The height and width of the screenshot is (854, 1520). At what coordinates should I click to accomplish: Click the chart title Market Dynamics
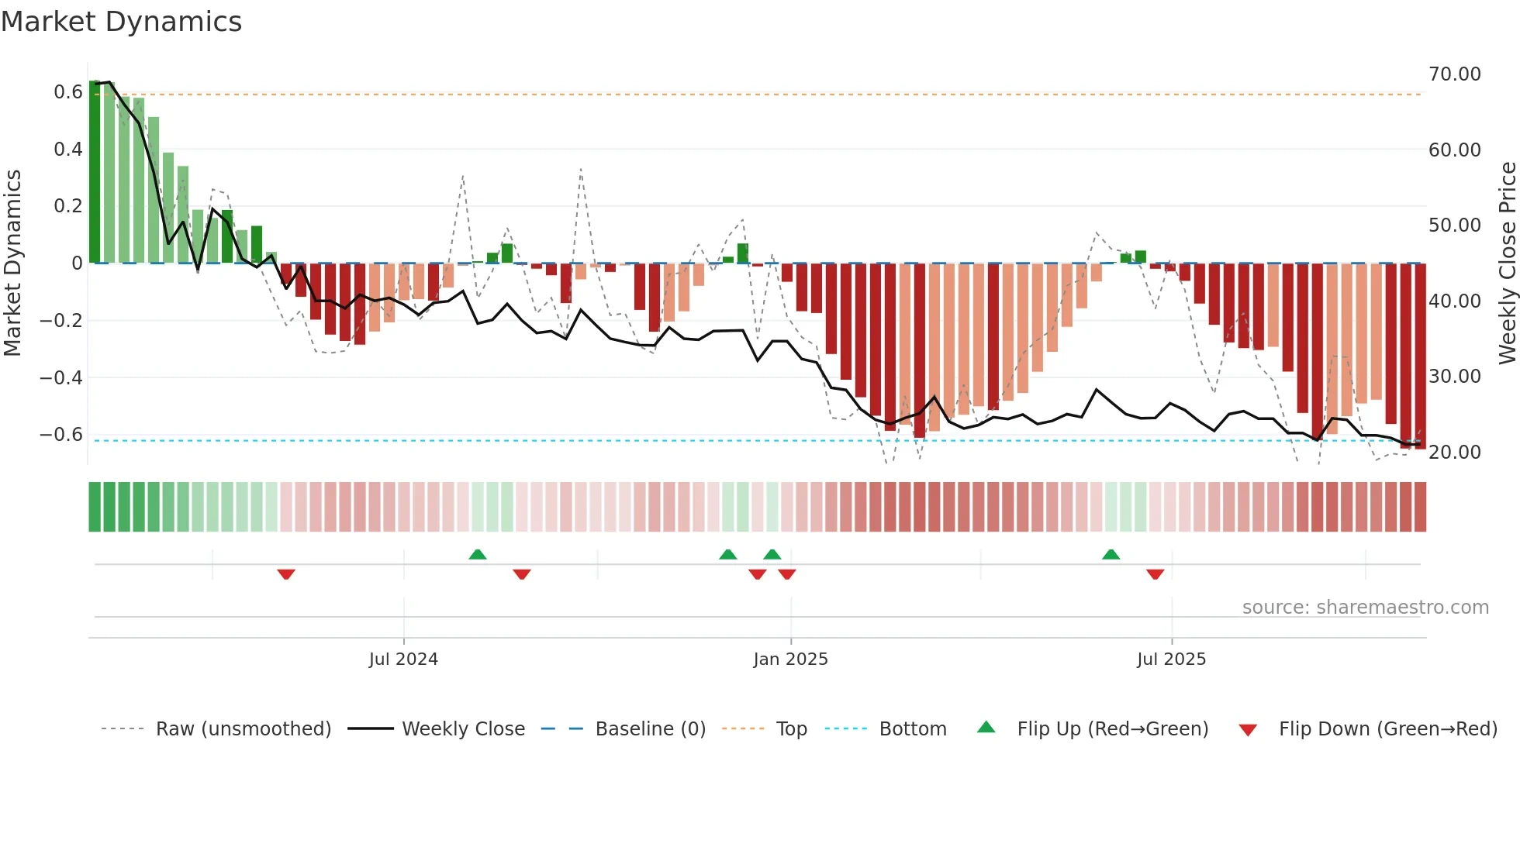[121, 22]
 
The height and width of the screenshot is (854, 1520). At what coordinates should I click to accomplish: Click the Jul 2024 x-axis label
[403, 659]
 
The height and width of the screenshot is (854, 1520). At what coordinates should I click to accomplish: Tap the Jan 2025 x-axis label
[790, 659]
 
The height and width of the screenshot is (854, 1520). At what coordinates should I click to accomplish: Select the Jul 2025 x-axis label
[1171, 659]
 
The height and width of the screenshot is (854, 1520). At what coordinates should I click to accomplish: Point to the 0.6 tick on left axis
[67, 92]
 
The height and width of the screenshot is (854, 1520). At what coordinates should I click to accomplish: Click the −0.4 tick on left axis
[60, 377]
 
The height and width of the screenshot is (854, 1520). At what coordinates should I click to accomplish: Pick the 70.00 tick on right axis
[1454, 74]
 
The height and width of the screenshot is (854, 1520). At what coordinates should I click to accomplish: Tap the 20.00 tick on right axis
[1454, 452]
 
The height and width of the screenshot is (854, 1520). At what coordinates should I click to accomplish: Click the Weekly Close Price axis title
[1507, 263]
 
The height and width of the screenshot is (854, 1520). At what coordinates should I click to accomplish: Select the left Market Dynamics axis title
[12, 263]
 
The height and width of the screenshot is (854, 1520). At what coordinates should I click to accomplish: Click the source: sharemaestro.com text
[1365, 608]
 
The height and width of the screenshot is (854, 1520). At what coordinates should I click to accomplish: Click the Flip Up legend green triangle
[986, 728]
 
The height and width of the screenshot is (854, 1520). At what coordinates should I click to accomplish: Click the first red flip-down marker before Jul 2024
[286, 574]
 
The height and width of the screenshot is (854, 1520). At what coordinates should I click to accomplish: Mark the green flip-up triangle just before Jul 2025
[1111, 554]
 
